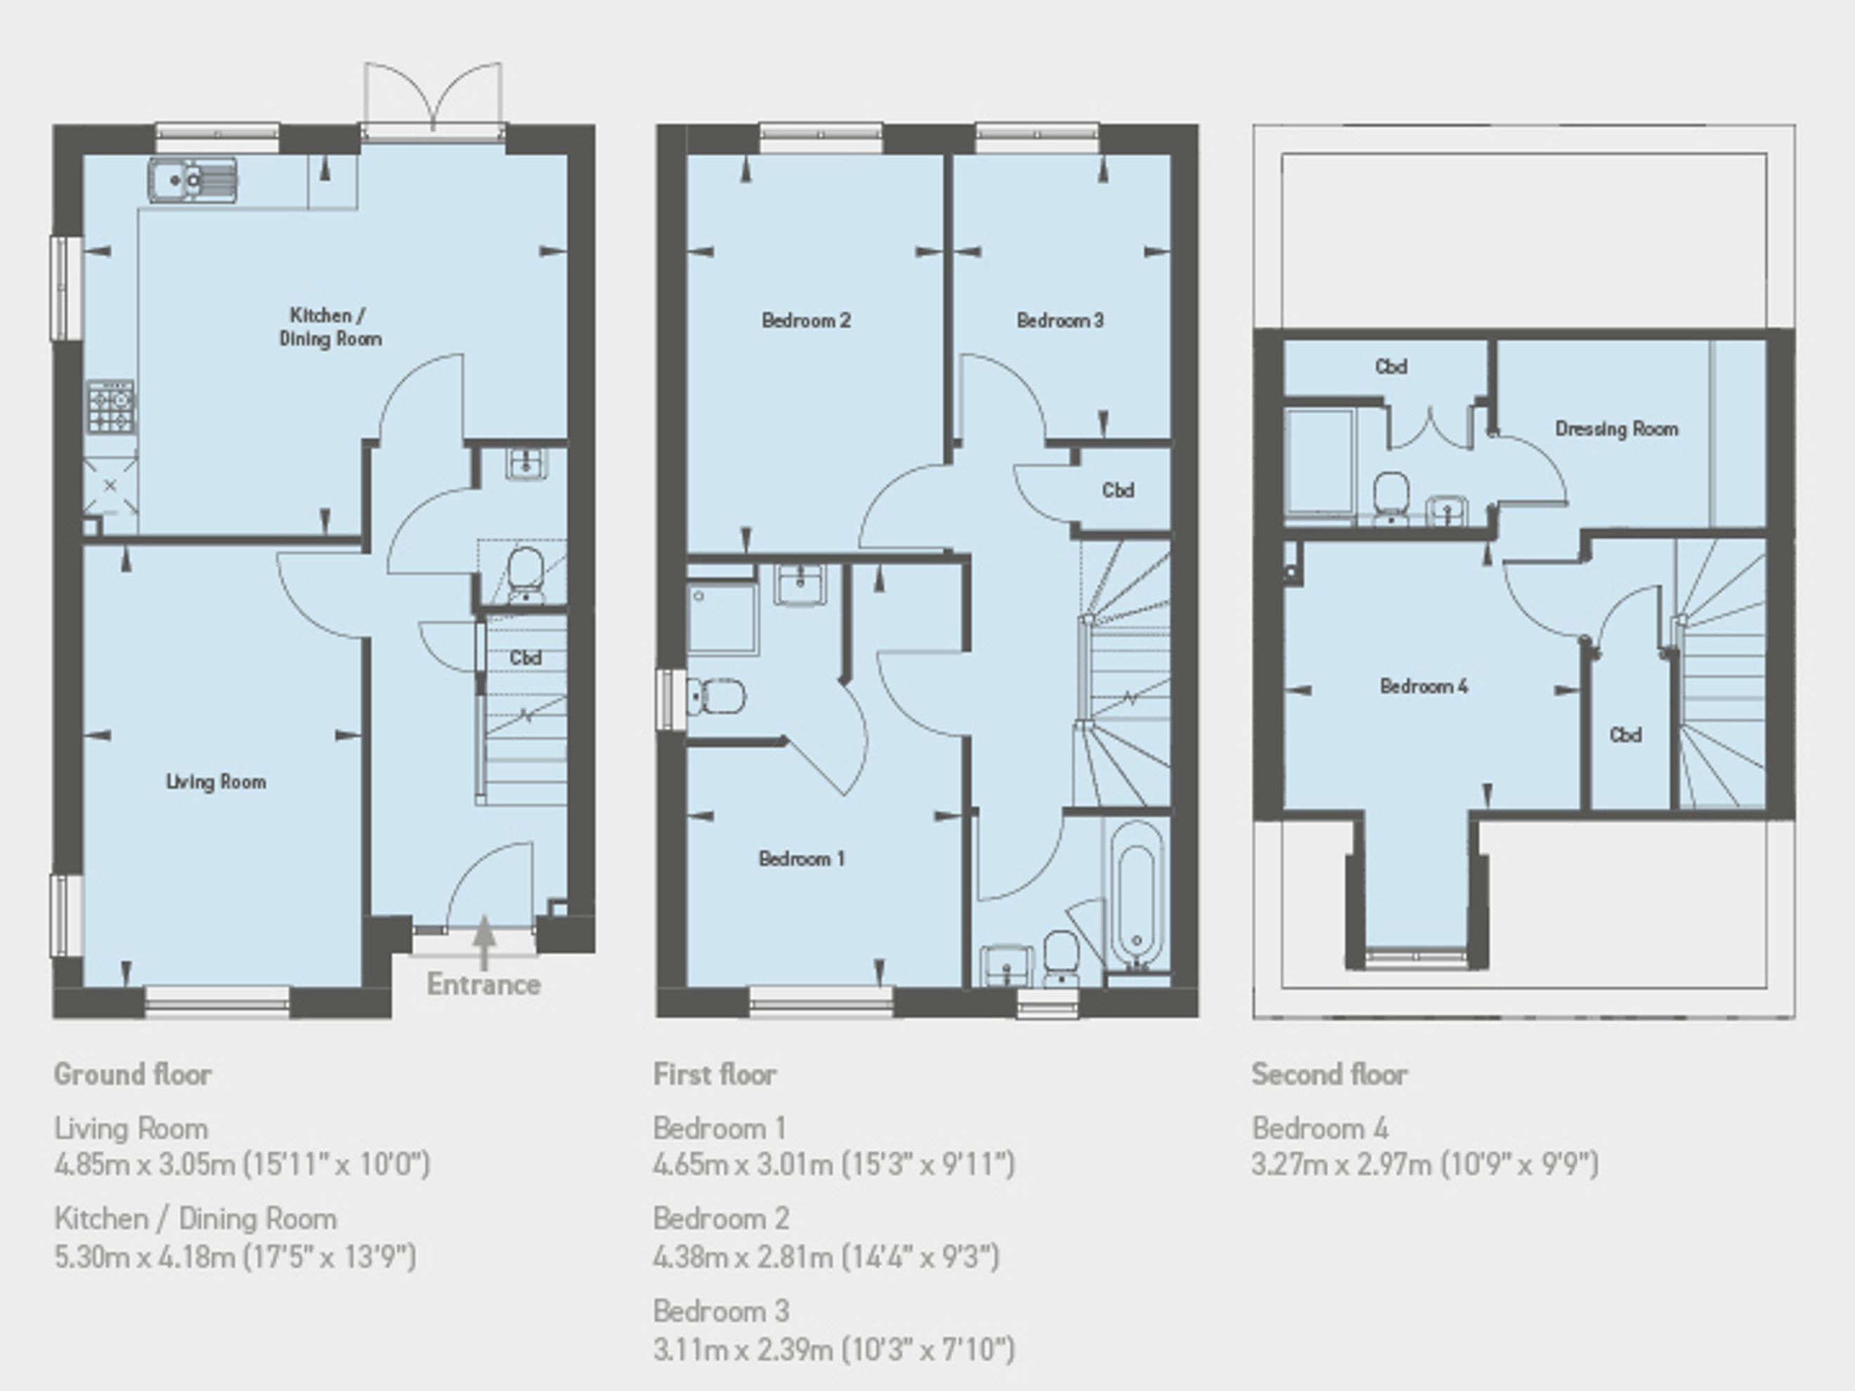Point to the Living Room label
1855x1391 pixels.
[x=216, y=781]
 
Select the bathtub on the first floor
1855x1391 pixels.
[x=1137, y=898]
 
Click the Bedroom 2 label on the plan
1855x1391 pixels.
[x=806, y=320]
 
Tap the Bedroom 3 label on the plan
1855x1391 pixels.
[x=1060, y=320]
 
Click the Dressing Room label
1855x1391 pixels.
[x=1617, y=429]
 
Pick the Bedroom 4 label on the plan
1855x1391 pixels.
[x=1424, y=686]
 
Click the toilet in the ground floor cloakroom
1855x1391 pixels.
[x=526, y=575]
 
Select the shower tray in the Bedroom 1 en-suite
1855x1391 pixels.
[x=723, y=619]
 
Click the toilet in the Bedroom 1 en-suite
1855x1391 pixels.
[x=715, y=697]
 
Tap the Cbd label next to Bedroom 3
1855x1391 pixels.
[x=1118, y=490]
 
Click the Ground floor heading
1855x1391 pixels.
[x=133, y=1074]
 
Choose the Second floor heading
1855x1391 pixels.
[x=1329, y=1074]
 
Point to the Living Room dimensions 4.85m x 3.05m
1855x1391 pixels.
[x=144, y=1164]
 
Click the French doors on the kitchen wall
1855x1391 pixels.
[x=434, y=96]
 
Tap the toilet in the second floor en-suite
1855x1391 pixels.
[x=1392, y=499]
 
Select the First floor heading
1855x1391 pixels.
[x=715, y=1074]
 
